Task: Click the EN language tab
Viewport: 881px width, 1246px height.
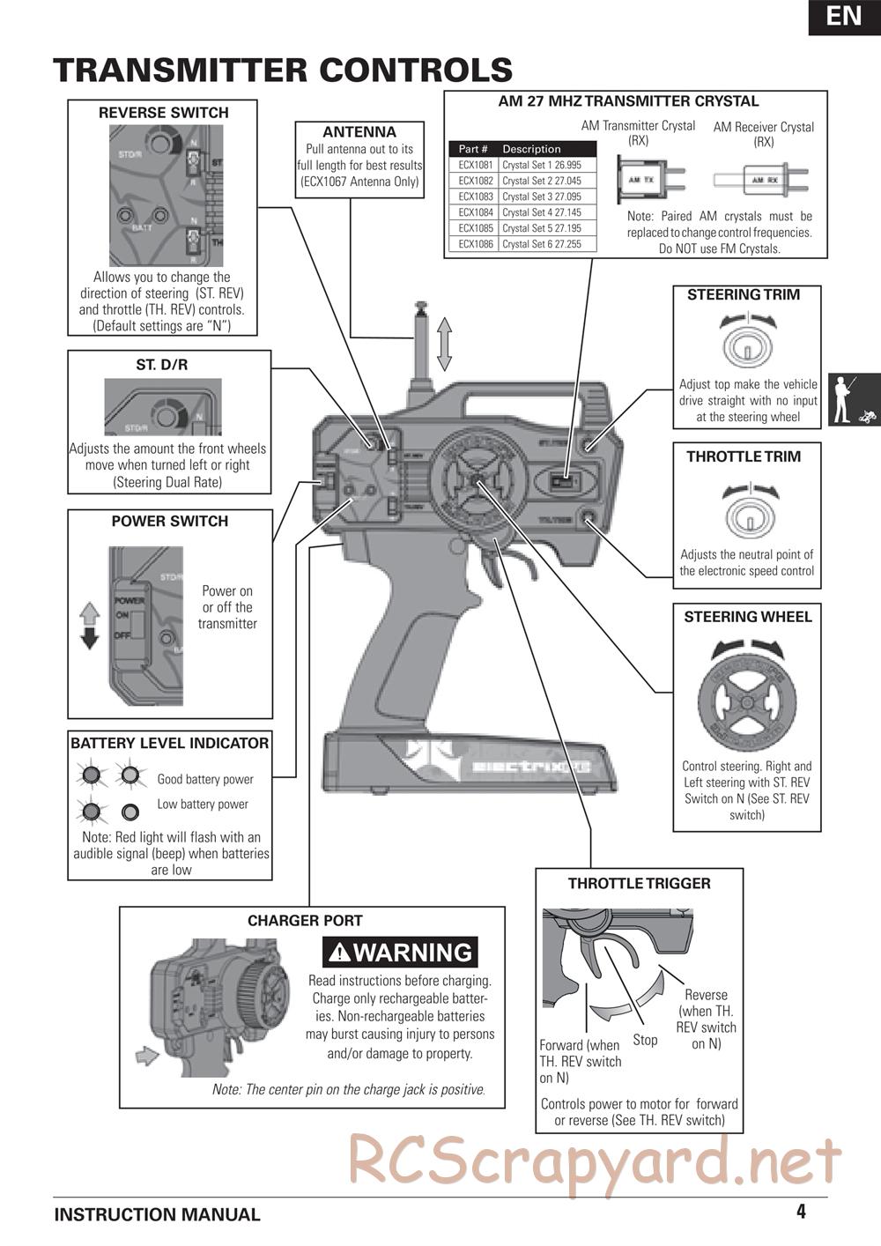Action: click(844, 17)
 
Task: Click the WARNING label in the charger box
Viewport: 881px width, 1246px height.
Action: click(401, 953)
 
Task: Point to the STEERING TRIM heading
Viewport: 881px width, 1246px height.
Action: click(744, 295)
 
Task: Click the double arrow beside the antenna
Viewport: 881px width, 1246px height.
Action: click(444, 345)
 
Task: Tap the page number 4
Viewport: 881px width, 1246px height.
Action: click(801, 1212)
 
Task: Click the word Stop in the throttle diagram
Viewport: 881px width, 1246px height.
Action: click(645, 1040)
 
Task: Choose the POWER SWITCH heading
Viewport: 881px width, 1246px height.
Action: click(170, 522)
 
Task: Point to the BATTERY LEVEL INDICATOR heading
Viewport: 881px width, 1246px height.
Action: click(170, 744)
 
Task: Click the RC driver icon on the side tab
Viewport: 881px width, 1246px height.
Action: click(853, 399)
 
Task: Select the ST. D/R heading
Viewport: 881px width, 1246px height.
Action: click(161, 364)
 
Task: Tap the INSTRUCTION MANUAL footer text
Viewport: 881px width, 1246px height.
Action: click(158, 1215)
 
